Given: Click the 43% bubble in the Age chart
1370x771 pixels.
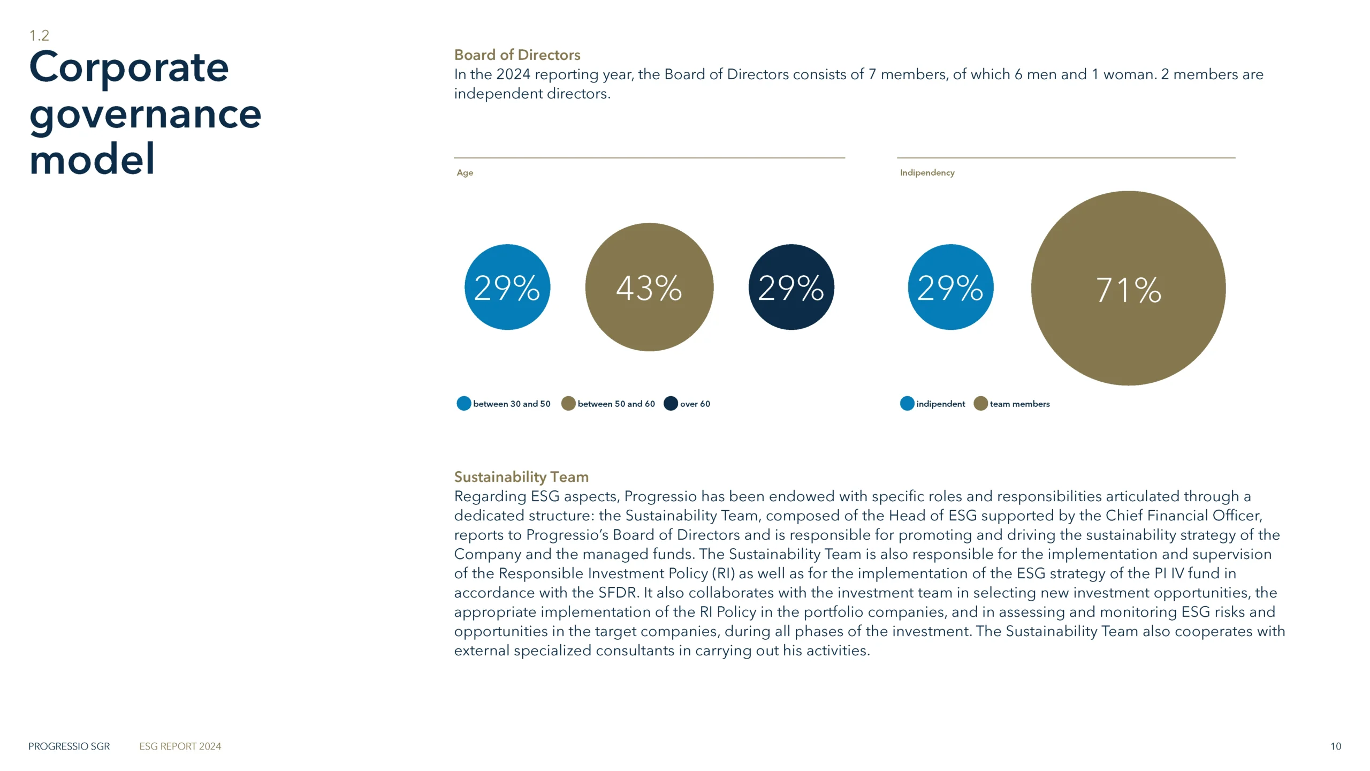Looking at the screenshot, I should (649, 288).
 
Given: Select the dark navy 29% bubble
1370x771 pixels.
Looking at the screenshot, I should (791, 288).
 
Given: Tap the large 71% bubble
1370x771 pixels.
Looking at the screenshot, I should (1128, 289).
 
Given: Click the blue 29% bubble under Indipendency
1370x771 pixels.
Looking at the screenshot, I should (950, 288).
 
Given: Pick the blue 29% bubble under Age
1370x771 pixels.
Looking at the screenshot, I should (507, 288).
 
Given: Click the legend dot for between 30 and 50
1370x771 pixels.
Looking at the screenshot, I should (463, 404).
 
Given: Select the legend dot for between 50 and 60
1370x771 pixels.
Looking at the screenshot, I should (568, 404).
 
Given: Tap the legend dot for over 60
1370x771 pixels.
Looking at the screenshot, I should (671, 404).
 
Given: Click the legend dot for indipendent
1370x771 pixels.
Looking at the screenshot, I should (907, 404).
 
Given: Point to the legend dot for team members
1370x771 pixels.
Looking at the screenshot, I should (980, 404).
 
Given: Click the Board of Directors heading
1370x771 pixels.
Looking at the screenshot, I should (517, 55).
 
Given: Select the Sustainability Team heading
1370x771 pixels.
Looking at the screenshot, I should (521, 477).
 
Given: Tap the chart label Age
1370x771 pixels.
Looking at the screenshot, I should (465, 173).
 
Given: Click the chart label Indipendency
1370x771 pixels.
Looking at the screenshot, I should (927, 173).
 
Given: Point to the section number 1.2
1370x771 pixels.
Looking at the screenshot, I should (39, 36).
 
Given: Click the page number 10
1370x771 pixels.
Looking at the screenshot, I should (1336, 746).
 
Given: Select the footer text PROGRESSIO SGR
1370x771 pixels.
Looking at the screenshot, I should (69, 746).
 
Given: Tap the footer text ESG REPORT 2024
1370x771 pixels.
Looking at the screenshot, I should (180, 746).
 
